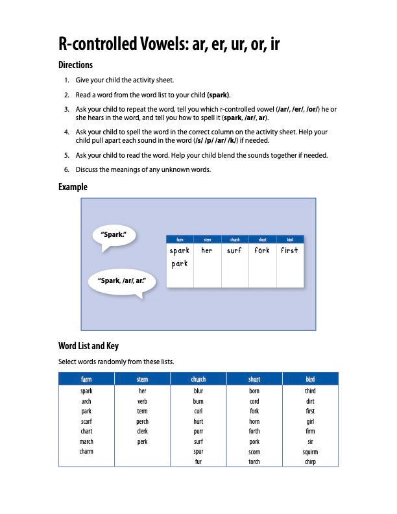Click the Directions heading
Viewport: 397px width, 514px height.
pos(76,65)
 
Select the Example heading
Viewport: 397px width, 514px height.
pos(73,187)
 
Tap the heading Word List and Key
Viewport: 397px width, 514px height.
pos(88,346)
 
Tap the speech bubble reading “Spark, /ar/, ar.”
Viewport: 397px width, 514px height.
pos(121,281)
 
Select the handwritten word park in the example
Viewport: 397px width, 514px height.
pos(180,263)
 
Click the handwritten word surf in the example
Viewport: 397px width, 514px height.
pos(234,251)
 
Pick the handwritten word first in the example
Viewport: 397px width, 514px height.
pos(289,251)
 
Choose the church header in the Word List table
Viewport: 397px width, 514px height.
pos(198,379)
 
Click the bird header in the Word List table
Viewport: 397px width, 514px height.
pos(310,379)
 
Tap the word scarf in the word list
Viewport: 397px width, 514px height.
pos(86,422)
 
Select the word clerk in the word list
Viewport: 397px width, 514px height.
pos(143,432)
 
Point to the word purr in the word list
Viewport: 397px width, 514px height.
pos(198,432)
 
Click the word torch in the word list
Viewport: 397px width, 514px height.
pos(254,461)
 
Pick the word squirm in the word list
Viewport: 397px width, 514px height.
pos(310,452)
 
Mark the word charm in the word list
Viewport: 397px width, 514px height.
pos(86,452)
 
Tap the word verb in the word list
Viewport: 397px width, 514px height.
pos(143,402)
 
